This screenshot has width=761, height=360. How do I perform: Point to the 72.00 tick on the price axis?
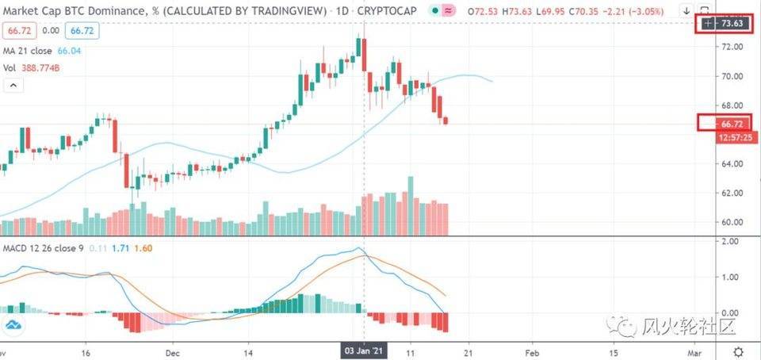click(x=732, y=47)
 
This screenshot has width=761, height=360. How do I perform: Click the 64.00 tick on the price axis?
click(x=732, y=163)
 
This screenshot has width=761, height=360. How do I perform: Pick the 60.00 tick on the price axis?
click(x=732, y=222)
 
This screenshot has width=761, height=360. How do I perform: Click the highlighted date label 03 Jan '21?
click(x=363, y=350)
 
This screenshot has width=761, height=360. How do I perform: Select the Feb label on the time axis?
click(x=533, y=350)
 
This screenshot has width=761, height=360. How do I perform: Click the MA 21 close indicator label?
click(x=29, y=51)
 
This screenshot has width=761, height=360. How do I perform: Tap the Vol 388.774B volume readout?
click(x=32, y=68)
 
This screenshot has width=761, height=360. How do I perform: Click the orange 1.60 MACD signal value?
click(x=143, y=248)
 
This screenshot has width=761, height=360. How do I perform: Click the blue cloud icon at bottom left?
click(x=13, y=324)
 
